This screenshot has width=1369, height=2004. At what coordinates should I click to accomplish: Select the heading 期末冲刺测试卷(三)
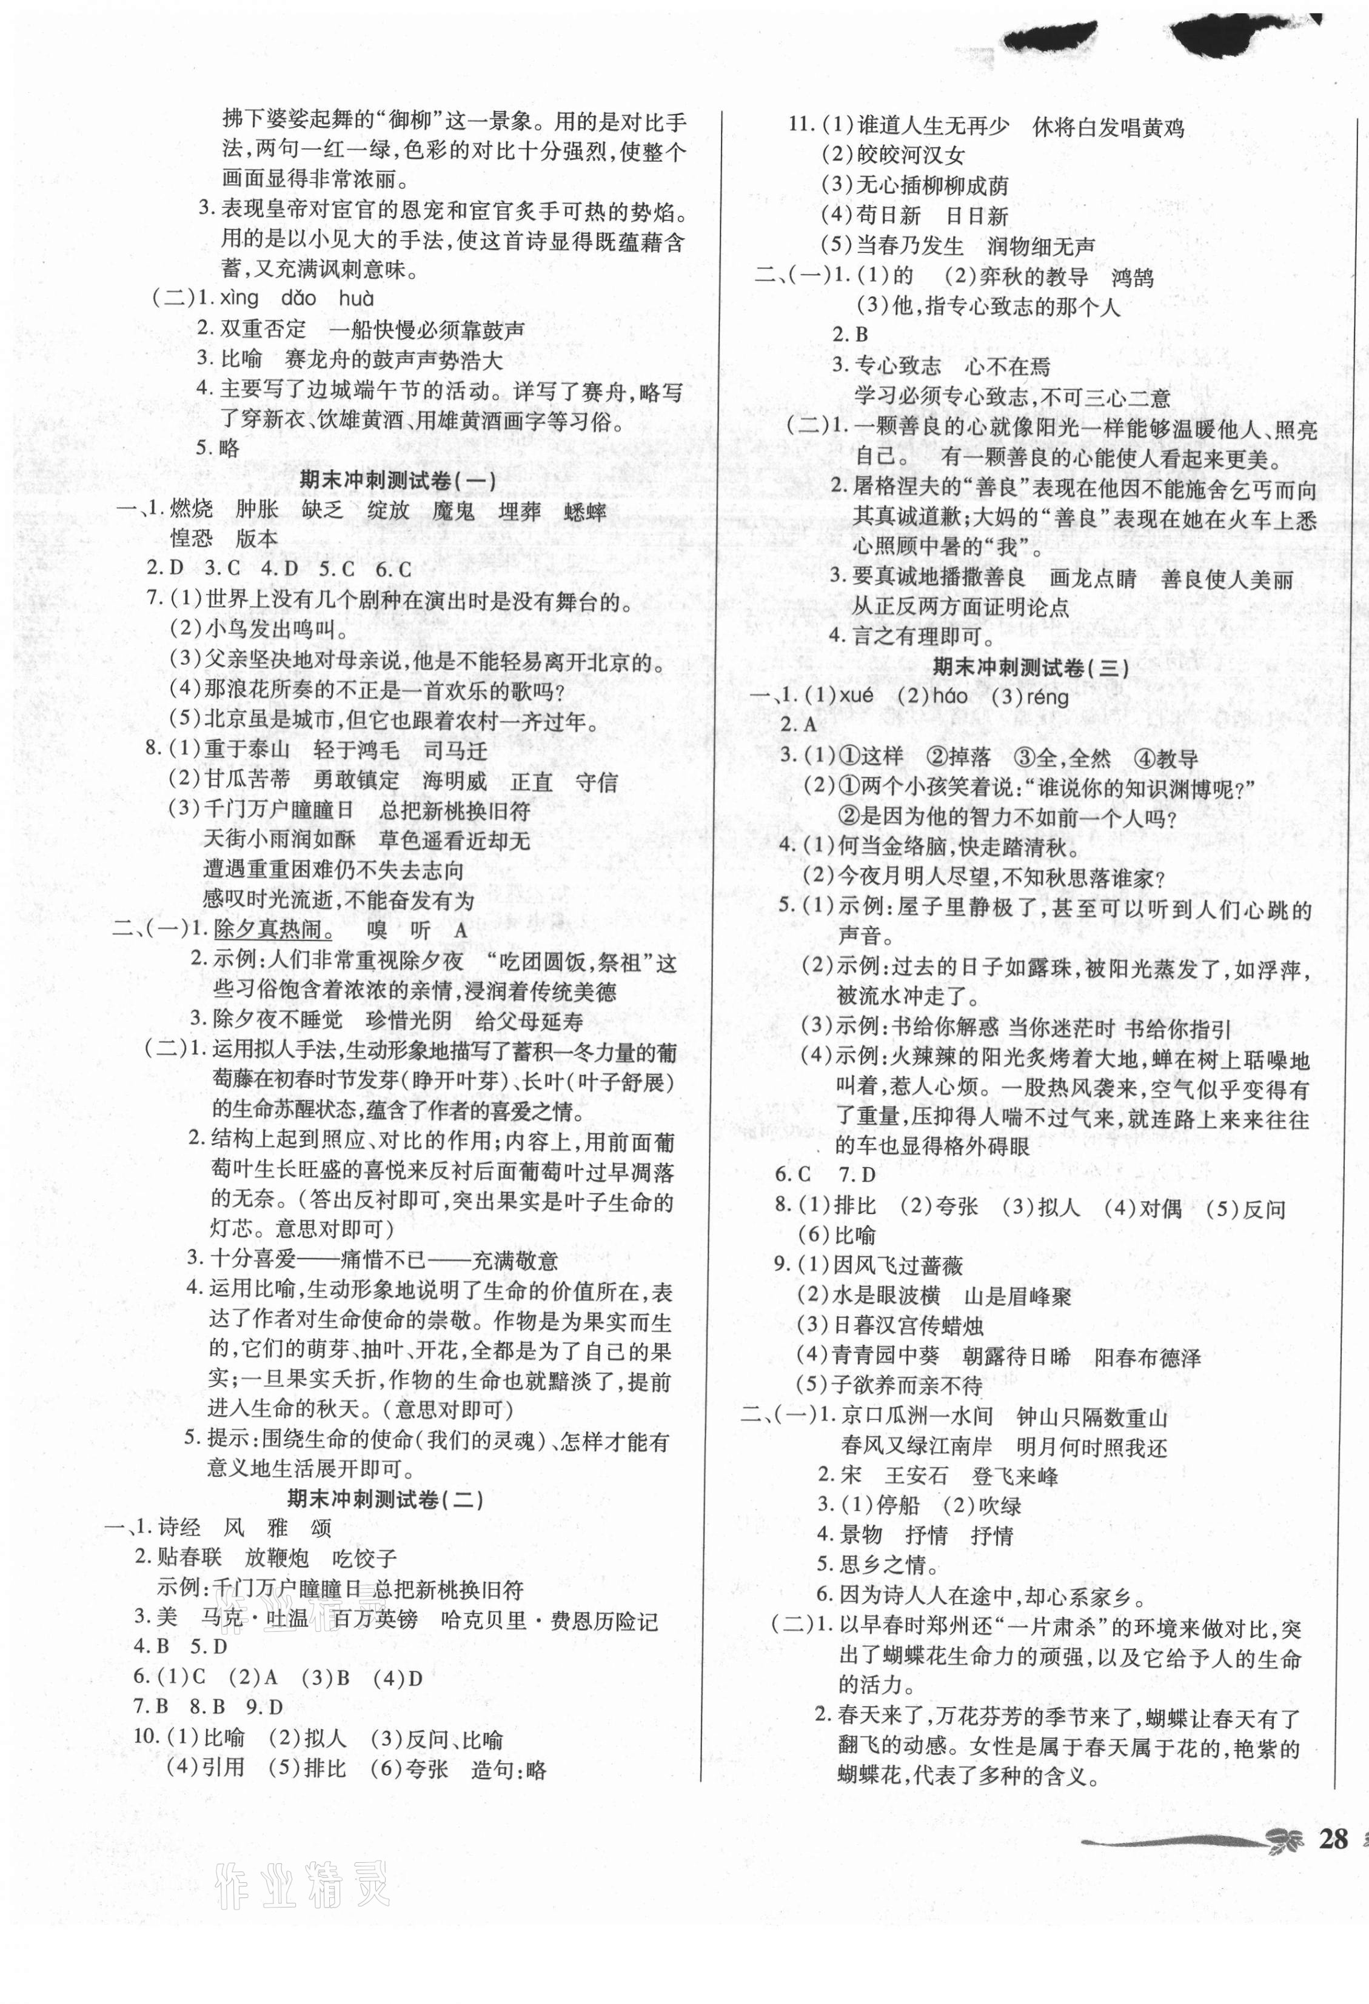point(1031,667)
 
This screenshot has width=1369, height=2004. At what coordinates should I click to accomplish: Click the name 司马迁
point(455,751)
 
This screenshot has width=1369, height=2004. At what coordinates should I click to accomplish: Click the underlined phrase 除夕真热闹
point(273,930)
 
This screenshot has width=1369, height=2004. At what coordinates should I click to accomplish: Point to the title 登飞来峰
point(1014,1476)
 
